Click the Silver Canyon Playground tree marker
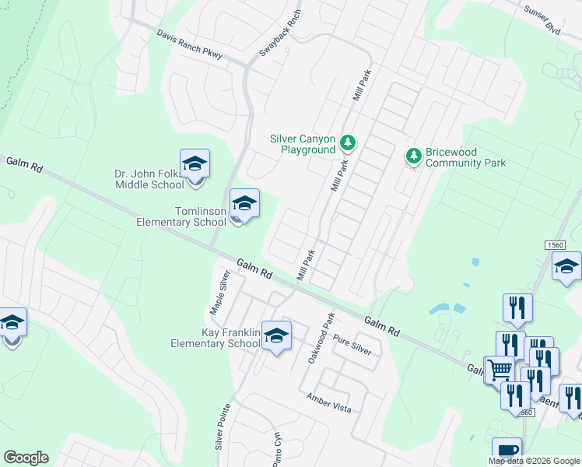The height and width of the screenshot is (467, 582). point(348,143)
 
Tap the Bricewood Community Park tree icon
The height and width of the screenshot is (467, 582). point(414,156)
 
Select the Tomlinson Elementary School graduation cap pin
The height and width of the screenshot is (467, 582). point(245,205)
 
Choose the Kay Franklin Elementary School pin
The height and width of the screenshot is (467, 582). point(276,336)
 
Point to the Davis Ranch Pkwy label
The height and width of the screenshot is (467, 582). point(189,45)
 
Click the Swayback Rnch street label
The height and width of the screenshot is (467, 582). point(280,32)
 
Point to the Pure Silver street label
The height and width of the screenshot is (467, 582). point(352,343)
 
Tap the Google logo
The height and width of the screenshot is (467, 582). point(26,458)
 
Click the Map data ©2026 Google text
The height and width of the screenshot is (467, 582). point(533,461)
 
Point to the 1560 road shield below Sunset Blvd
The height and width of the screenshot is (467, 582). point(555,245)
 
